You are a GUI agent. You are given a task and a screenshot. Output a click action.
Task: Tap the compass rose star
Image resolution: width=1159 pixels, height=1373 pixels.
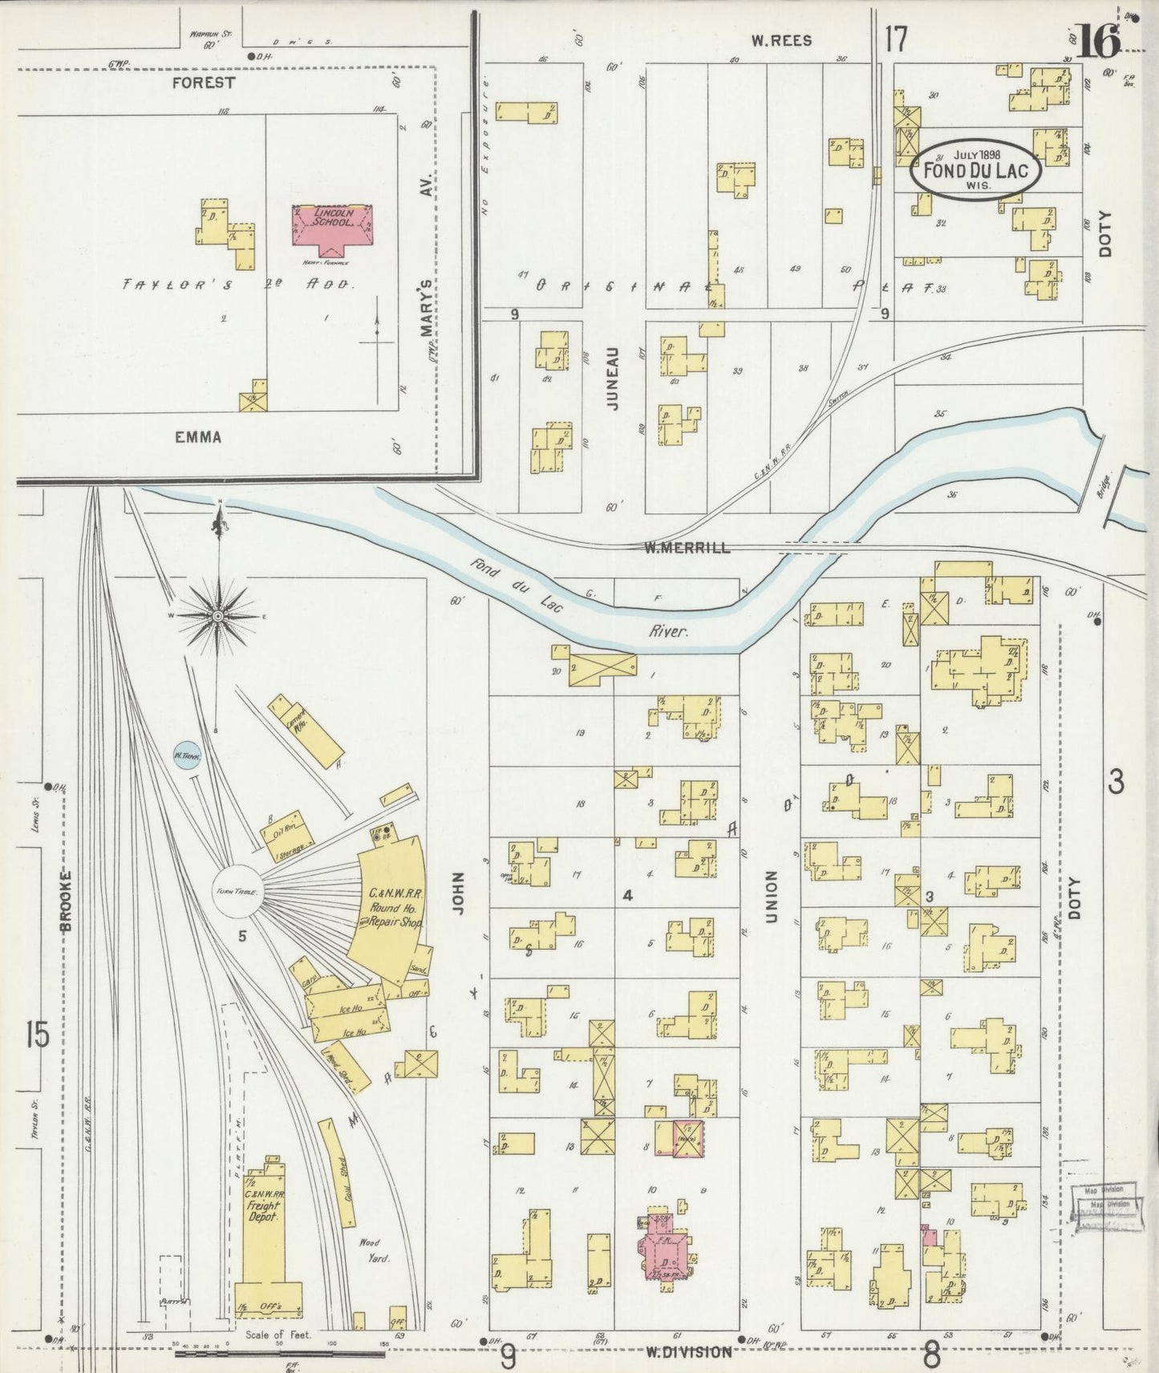(217, 615)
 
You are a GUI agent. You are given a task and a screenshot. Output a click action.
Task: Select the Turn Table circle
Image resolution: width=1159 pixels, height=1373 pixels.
(237, 892)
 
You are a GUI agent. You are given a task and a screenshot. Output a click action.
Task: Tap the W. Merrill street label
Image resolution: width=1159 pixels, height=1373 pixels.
(687, 548)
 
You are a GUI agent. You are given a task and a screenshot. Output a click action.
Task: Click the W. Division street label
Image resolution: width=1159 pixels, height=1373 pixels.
(689, 1352)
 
